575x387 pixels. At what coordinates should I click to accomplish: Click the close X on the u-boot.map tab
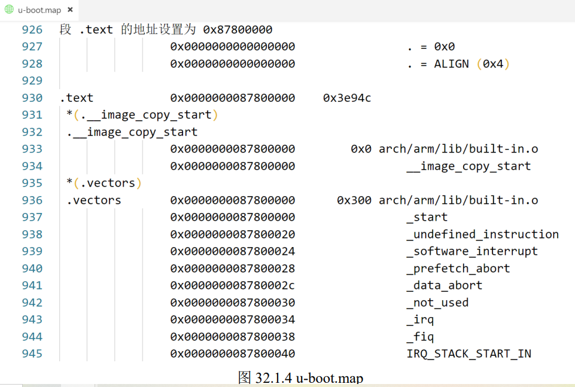[71, 10]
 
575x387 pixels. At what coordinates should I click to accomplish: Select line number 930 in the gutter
[32, 98]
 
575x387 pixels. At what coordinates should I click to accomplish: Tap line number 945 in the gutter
[32, 354]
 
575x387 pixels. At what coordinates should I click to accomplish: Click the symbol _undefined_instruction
[482, 234]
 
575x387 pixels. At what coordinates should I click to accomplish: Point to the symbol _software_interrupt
[471, 252]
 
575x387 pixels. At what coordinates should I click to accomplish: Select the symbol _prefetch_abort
[458, 269]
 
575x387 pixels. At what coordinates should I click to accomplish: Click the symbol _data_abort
[444, 286]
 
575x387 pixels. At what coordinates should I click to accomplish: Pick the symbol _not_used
[437, 303]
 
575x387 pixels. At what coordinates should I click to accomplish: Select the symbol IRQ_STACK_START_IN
[468, 354]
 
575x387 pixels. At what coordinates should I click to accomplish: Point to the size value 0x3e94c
[347, 98]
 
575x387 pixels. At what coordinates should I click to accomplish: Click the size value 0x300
[354, 200]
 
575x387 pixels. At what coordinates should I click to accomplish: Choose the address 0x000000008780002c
[233, 286]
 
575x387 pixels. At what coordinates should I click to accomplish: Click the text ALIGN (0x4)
[471, 64]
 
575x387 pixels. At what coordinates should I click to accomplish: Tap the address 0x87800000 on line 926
[238, 30]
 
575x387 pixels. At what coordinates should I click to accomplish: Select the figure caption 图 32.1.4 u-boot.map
[300, 378]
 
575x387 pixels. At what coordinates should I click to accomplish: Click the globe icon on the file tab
[9, 10]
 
